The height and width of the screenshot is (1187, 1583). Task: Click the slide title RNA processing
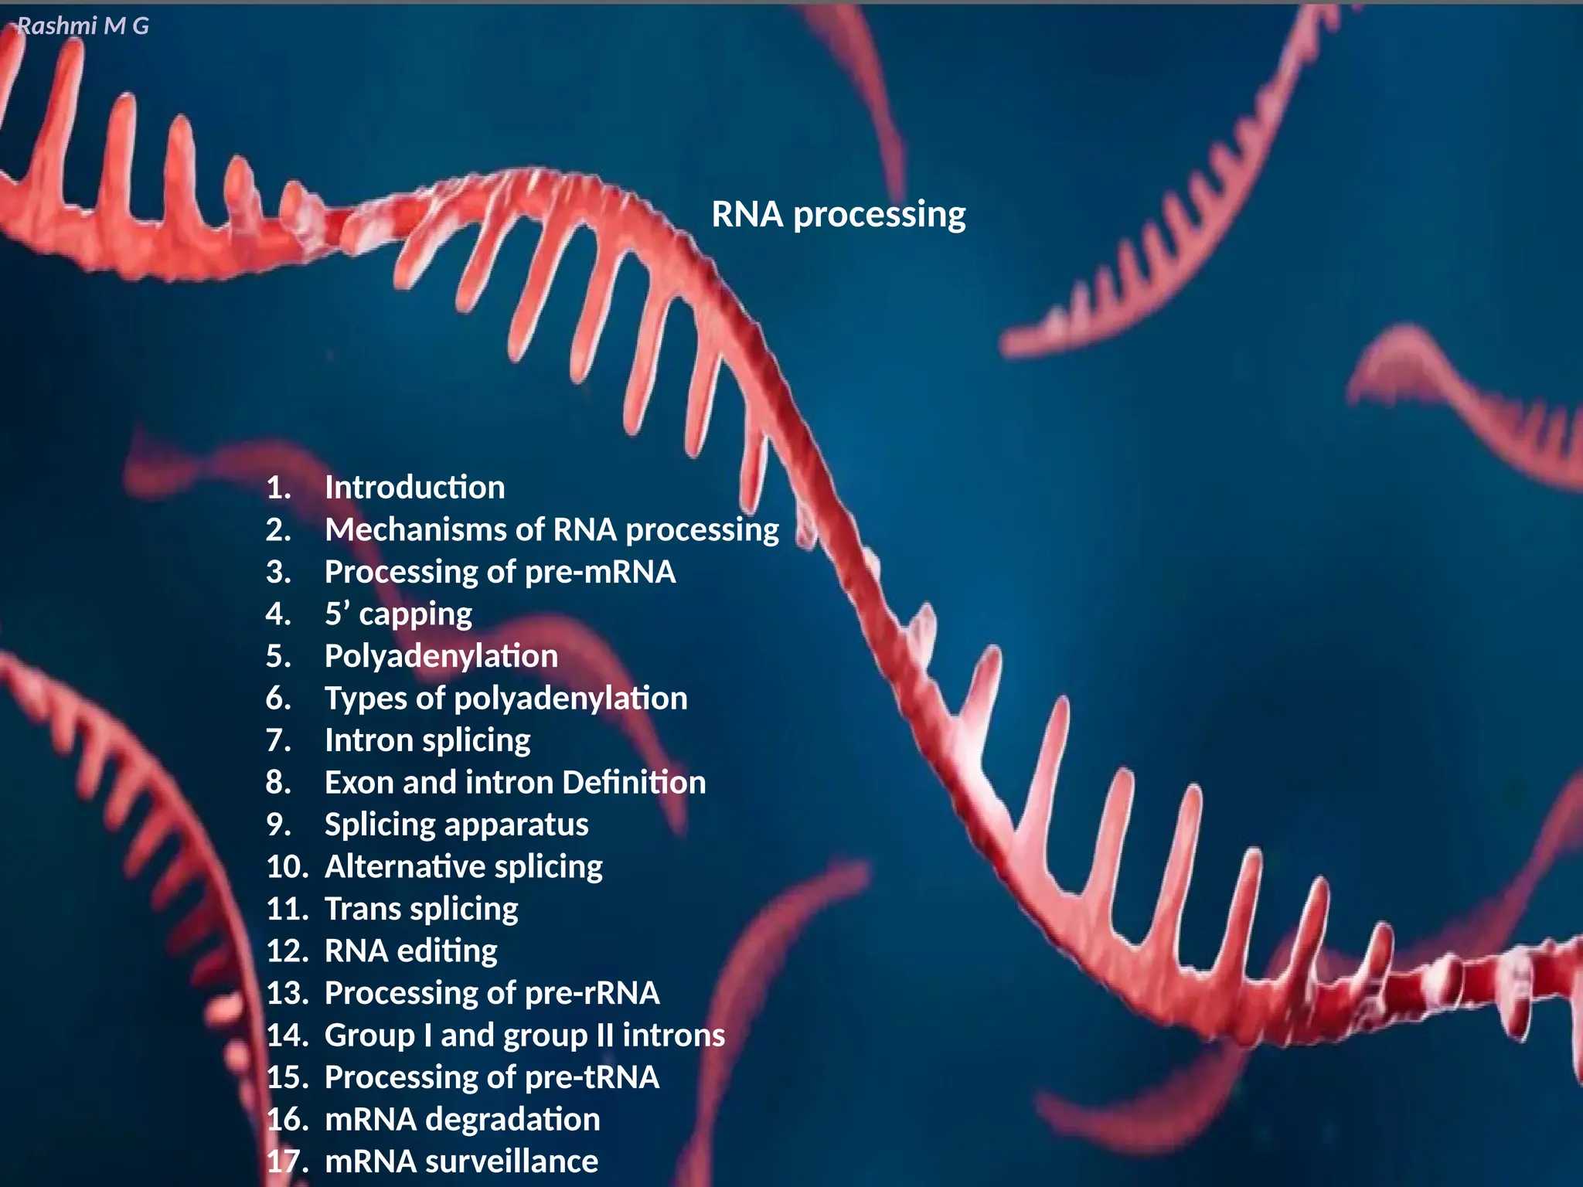pos(838,215)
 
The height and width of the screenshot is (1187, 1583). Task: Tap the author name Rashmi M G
pos(83,26)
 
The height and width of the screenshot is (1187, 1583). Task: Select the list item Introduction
pos(414,488)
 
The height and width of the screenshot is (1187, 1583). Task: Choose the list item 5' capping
pos(398,614)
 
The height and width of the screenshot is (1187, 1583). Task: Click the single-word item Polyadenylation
pos(441,657)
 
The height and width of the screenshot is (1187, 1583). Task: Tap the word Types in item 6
pos(366,699)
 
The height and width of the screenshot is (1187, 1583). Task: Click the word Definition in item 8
pos(634,783)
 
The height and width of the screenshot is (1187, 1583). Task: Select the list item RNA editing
pos(410,951)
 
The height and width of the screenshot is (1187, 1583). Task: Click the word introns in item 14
pos(673,1036)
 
